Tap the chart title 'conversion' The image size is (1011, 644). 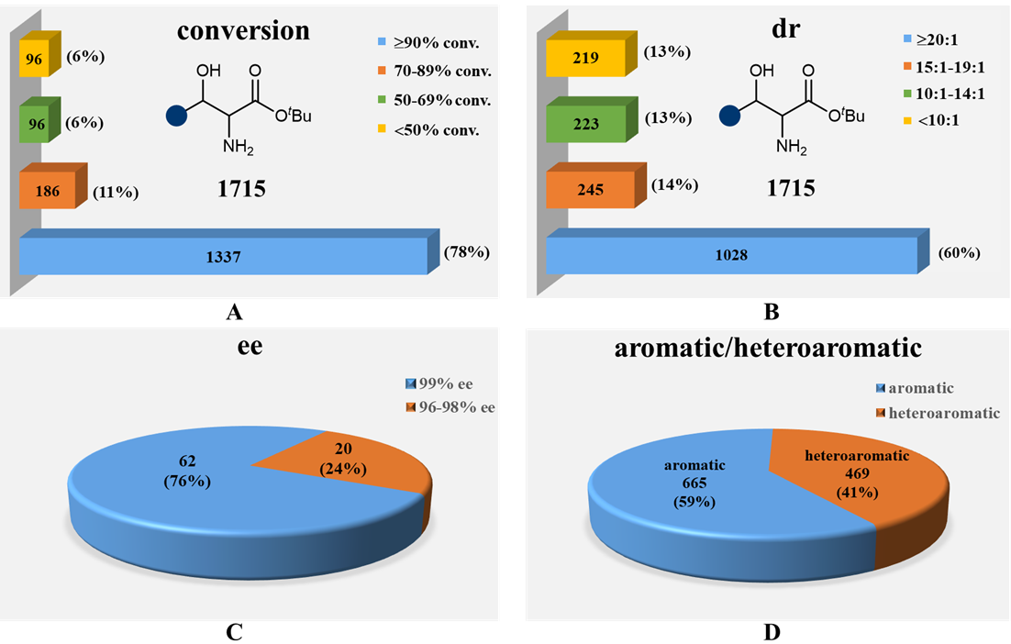(x=243, y=31)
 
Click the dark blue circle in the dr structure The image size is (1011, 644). (x=731, y=117)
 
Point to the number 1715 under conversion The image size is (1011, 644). (x=243, y=190)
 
